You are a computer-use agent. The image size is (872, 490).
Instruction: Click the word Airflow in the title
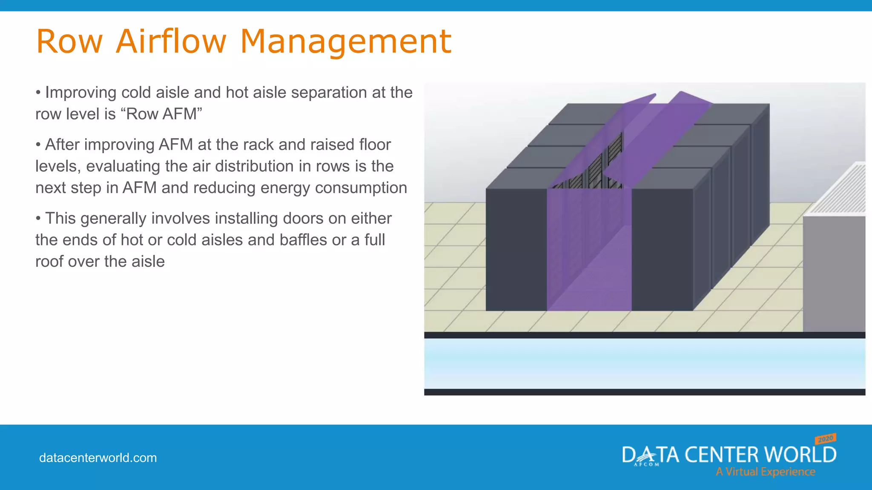[x=171, y=41]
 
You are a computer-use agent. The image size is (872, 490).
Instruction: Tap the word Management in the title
[x=345, y=41]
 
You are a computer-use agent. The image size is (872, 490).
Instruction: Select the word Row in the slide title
[x=69, y=41]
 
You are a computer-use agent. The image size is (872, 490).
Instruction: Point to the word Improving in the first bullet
[x=80, y=92]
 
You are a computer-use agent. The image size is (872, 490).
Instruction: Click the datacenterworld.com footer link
[x=98, y=458]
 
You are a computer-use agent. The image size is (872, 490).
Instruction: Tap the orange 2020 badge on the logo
[x=826, y=439]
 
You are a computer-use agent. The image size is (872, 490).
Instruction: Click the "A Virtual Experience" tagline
[x=765, y=472]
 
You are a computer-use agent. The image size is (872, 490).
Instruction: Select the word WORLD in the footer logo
[x=800, y=455]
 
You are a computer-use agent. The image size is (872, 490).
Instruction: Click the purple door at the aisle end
[x=589, y=251]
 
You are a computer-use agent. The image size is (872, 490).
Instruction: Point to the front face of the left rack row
[x=516, y=250]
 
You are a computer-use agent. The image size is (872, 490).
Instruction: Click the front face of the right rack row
[x=662, y=250]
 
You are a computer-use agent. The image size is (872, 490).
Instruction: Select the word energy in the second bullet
[x=284, y=188]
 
